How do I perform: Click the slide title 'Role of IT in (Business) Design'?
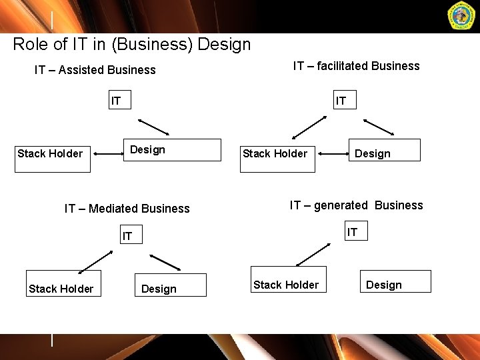132,45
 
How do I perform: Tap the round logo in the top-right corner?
461,17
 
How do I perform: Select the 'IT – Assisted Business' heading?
95,70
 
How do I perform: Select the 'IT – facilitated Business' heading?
356,66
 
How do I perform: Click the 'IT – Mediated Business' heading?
127,209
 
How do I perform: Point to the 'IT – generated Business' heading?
356,205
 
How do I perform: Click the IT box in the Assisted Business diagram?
118,101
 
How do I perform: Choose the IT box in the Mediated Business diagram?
129,235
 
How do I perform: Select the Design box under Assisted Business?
173,150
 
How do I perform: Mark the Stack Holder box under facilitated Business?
277,154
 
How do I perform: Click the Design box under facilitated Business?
385,151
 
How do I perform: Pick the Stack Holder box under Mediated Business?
63,283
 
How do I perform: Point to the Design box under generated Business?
395,281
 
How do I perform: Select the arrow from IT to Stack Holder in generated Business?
313,255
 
